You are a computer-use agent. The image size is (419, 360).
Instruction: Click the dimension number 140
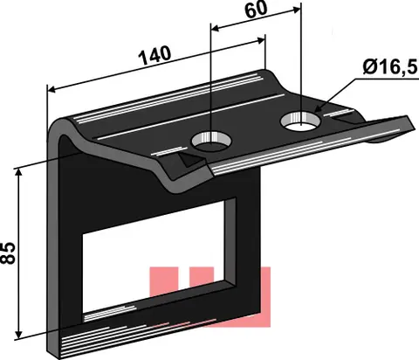155,55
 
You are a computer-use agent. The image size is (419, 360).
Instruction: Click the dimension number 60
256,9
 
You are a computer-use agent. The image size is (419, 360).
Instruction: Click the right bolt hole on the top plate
300,121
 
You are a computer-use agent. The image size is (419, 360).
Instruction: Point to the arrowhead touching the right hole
318,108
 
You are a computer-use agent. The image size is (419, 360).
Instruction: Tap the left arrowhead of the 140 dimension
52,89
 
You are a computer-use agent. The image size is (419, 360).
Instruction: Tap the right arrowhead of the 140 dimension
261,40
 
